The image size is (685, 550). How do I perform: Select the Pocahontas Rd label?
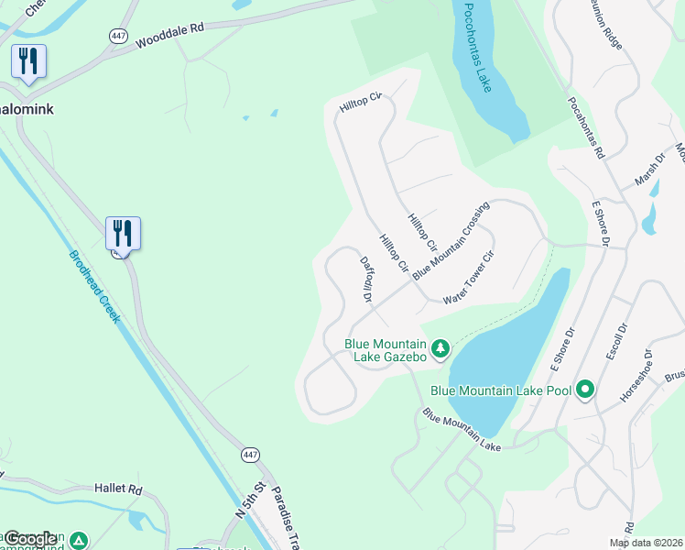pyautogui.click(x=587, y=127)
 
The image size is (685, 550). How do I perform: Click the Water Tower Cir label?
pyautogui.click(x=468, y=279)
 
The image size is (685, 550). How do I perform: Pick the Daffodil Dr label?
pyautogui.click(x=366, y=280)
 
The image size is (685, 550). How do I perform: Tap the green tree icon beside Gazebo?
pyautogui.click(x=440, y=348)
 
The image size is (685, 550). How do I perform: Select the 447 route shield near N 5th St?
pyautogui.click(x=250, y=455)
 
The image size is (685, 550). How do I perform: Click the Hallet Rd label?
pyautogui.click(x=118, y=489)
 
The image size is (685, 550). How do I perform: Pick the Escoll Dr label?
pyautogui.click(x=623, y=340)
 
